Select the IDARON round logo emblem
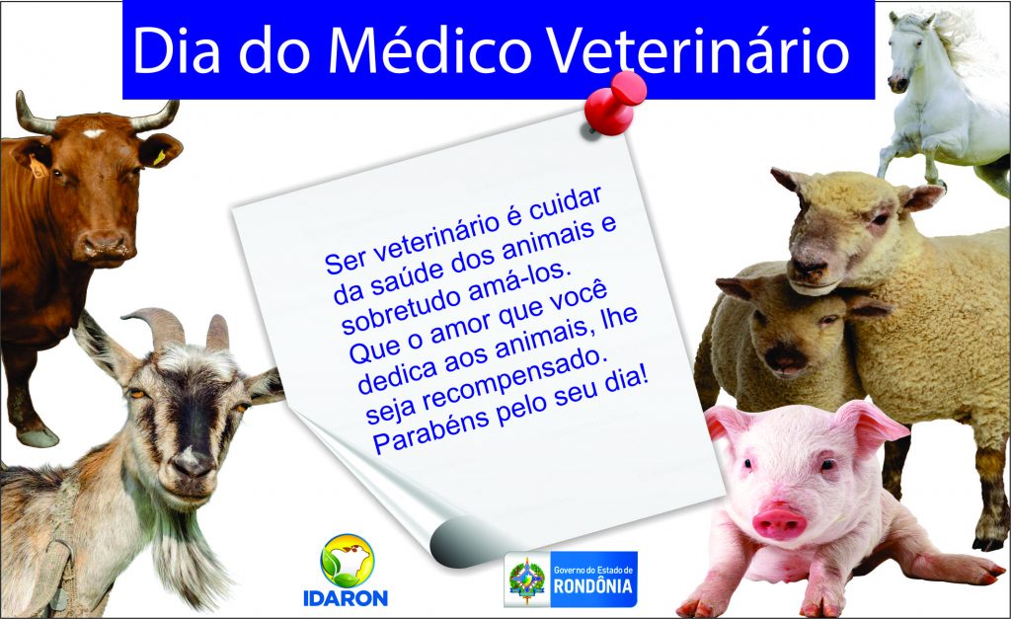347,561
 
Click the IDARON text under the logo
346,598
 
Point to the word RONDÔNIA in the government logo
593,586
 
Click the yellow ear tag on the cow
159,157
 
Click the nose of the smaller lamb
783,358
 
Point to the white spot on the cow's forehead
94,133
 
